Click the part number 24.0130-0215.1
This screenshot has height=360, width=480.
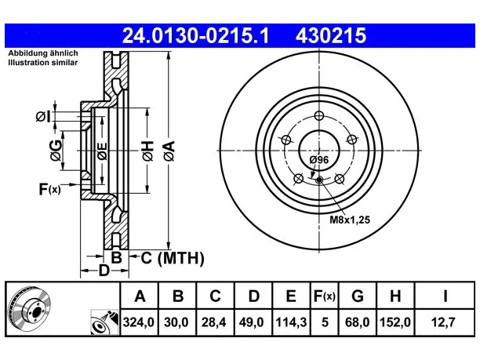195,35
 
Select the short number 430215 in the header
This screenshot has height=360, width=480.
331,35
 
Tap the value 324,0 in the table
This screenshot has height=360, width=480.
139,322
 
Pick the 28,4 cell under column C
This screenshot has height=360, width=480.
213,322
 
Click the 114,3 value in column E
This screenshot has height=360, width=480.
291,322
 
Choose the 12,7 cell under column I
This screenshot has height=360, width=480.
443,322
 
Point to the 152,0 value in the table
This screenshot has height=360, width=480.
395,322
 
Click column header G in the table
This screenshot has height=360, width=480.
358,296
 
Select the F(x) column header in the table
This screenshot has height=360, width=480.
325,296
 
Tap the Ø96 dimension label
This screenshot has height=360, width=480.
319,160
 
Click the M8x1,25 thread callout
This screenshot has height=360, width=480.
350,220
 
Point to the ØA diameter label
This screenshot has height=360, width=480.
169,151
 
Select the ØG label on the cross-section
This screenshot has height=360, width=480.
56,151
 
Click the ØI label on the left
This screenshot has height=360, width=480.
42,117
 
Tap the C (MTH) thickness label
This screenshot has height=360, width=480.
173,258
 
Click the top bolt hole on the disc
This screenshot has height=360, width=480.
319,116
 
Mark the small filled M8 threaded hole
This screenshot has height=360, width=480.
319,180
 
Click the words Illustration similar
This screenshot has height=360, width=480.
43,63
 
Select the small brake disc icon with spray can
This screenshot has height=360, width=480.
104,322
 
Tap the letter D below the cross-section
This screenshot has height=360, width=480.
104,271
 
